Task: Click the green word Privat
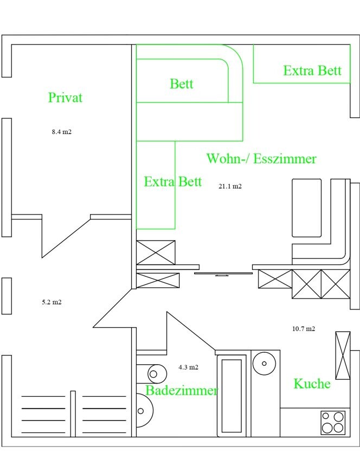65,98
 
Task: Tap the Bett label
182,83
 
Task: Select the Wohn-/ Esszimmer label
261,159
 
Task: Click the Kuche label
312,384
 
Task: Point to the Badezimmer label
182,391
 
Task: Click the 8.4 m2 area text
61,132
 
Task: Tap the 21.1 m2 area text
230,186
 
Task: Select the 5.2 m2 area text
52,302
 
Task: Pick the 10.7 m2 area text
304,329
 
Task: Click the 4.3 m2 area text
188,367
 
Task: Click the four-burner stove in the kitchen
333,422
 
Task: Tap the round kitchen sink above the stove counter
264,364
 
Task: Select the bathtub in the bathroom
232,396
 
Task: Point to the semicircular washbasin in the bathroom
144,411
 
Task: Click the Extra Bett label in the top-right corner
312,70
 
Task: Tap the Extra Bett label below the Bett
173,182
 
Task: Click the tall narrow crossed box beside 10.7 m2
343,355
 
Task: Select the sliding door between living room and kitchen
223,274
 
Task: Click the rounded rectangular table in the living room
307,208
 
